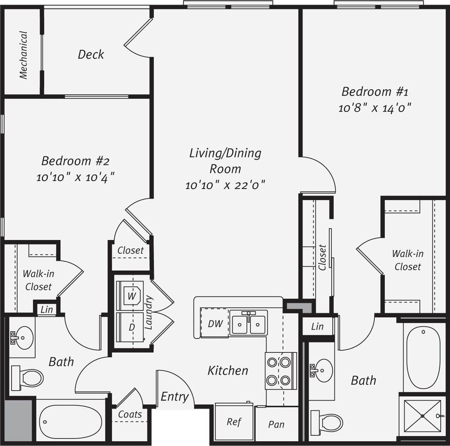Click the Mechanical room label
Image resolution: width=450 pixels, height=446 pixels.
point(23,55)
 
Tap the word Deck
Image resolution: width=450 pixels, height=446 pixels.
point(91,55)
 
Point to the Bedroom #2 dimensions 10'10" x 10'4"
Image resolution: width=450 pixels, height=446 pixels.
point(75,178)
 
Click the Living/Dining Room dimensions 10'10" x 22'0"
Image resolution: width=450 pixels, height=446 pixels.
point(225,185)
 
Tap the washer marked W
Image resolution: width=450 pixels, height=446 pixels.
point(131,295)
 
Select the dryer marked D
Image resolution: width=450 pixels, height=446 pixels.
point(132,327)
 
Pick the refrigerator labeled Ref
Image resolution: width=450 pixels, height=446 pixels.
point(234,422)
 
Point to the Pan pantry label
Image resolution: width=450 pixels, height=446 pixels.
point(276,425)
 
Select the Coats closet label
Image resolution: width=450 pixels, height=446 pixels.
point(129,414)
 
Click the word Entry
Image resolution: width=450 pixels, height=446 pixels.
point(174,397)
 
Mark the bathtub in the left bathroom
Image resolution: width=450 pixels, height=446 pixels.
point(71,421)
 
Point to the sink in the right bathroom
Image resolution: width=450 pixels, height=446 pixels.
point(321,370)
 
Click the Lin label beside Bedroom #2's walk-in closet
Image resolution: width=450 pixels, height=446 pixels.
point(47,309)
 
